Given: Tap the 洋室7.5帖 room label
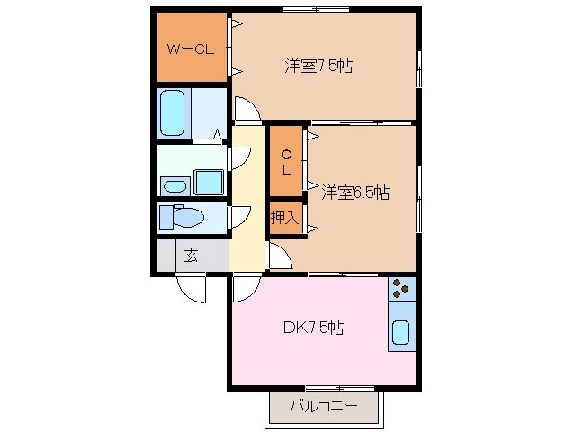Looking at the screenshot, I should click(318, 66).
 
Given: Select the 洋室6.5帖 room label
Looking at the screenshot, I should click(356, 192).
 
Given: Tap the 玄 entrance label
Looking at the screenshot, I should click(191, 255).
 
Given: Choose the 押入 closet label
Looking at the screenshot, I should click(284, 218).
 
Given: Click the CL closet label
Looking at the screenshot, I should click(285, 162).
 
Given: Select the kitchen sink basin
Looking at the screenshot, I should click(402, 333).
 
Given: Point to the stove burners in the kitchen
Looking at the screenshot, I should click(402, 289).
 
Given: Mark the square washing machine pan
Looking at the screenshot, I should click(210, 183).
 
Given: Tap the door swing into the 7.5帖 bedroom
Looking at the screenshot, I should click(247, 110).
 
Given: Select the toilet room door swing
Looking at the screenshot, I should click(239, 217).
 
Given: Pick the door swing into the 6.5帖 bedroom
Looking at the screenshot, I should click(279, 256).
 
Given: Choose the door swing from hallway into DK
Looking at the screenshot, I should click(243, 288).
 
